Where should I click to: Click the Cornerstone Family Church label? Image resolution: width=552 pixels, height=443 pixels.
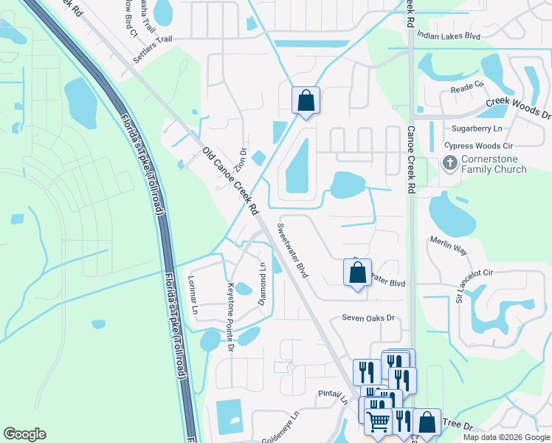494,165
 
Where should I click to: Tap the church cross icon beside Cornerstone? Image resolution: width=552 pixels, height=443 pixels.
449,162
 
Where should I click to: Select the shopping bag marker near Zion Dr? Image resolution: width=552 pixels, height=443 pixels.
306,100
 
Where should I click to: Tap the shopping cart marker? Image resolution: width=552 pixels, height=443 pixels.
378,422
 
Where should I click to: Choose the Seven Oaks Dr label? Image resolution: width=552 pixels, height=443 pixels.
368,318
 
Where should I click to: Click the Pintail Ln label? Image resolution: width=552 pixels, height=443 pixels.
333,395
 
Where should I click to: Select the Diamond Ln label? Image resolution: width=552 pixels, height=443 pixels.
261,285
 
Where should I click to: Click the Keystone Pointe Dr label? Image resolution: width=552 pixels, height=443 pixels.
231,316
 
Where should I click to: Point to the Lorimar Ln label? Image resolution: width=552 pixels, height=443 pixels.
193,295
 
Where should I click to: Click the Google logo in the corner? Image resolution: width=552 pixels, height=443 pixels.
24,434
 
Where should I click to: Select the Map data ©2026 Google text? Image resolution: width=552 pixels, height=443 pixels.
506,437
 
